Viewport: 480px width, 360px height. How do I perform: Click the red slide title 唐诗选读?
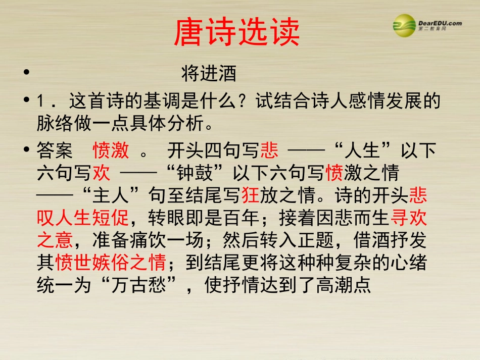click(236, 33)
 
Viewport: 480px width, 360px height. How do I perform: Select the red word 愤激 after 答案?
click(111, 150)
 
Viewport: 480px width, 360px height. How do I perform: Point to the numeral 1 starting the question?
click(42, 101)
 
